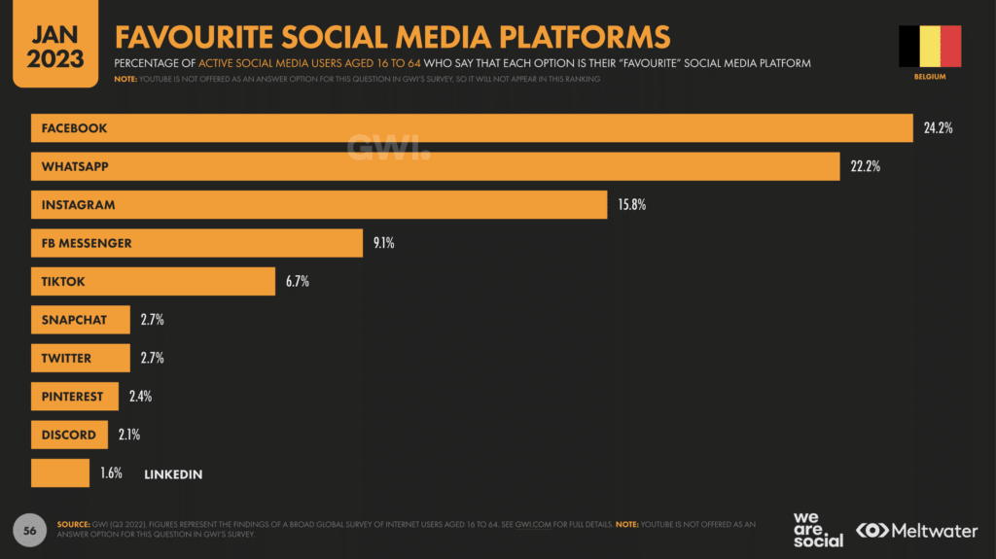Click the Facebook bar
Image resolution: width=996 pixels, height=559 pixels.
pyautogui.click(x=472, y=128)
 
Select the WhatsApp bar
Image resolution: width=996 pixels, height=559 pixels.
pyautogui.click(x=435, y=166)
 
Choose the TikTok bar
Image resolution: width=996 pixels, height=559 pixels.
pyautogui.click(x=153, y=282)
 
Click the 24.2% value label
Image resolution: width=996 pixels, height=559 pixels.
pyautogui.click(x=938, y=128)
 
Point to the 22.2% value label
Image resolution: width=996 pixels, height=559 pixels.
pyautogui.click(x=865, y=166)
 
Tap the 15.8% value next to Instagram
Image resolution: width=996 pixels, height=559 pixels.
pyautogui.click(x=631, y=205)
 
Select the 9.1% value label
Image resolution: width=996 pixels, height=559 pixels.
pyautogui.click(x=383, y=243)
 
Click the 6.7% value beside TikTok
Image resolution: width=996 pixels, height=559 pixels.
pyautogui.click(x=297, y=282)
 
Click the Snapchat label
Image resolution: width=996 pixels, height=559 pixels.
pyautogui.click(x=74, y=320)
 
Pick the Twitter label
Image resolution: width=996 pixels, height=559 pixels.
pyautogui.click(x=66, y=358)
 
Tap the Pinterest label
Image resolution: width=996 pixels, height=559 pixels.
pyautogui.click(x=71, y=397)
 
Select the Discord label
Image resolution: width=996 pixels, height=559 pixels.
pyautogui.click(x=68, y=435)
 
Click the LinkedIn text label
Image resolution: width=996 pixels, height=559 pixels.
pyautogui.click(x=173, y=473)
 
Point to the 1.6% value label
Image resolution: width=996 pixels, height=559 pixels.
pyautogui.click(x=111, y=473)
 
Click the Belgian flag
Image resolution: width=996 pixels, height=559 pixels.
pyautogui.click(x=930, y=47)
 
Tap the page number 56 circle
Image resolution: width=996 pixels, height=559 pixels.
pyautogui.click(x=29, y=530)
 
